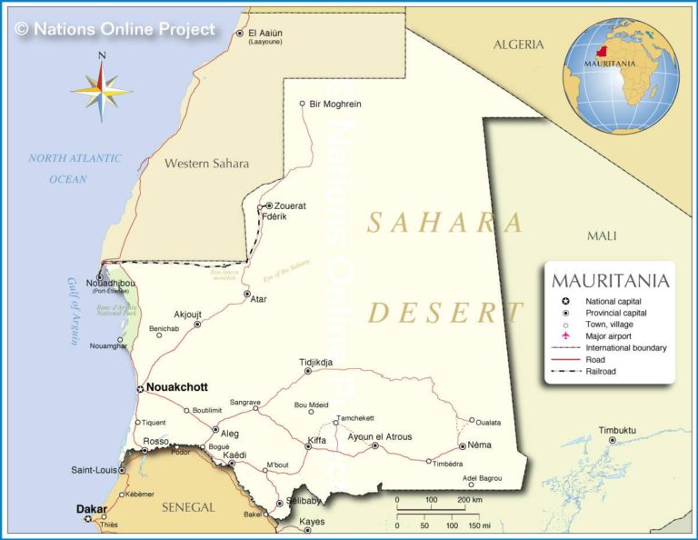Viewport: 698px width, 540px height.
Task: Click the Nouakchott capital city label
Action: click(x=177, y=387)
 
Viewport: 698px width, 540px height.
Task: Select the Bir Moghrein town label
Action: click(x=335, y=104)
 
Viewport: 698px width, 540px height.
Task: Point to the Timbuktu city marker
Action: click(x=612, y=440)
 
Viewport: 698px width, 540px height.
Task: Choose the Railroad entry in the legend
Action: click(x=601, y=371)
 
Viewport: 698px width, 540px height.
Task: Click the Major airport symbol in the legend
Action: click(x=565, y=335)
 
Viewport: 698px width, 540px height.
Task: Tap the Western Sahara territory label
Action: click(x=206, y=164)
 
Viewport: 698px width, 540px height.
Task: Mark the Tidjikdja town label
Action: click(x=316, y=363)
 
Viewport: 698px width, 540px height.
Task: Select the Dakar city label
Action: click(x=92, y=509)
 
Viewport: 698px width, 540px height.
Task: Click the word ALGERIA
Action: click(x=518, y=45)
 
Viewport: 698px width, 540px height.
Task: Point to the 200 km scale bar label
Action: click(x=469, y=500)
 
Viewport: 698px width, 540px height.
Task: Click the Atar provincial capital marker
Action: click(x=246, y=295)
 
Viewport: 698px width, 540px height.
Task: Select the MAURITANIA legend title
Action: click(x=610, y=281)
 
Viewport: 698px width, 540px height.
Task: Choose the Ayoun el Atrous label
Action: click(x=380, y=437)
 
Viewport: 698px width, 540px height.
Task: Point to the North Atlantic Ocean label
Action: click(x=75, y=168)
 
